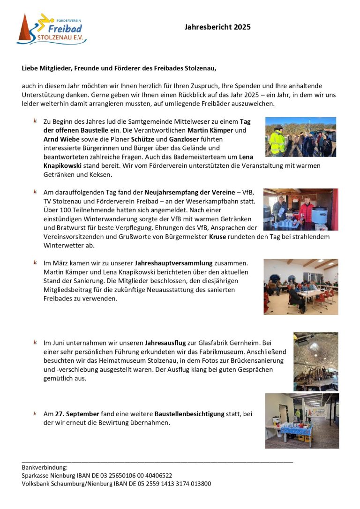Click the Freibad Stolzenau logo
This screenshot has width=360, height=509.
pyautogui.click(x=51, y=29)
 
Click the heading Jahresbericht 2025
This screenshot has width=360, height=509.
pyautogui.click(x=217, y=27)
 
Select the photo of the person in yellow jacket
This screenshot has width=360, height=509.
pyautogui.click(x=300, y=137)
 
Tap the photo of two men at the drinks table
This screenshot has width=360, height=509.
pyautogui.click(x=300, y=210)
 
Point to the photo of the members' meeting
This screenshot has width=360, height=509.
pyautogui.click(x=300, y=286)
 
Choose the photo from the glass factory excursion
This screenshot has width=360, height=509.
pyautogui.click(x=315, y=361)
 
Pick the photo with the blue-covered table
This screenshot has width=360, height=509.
pyautogui.click(x=302, y=420)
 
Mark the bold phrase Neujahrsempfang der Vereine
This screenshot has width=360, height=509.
pyautogui.click(x=189, y=192)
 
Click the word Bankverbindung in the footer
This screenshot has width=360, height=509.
pyautogui.click(x=45, y=467)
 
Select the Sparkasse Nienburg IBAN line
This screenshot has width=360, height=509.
pyautogui.click(x=97, y=475)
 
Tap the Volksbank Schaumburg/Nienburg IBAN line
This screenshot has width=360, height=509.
pyautogui.click(x=116, y=484)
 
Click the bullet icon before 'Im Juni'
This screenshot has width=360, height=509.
pyautogui.click(x=35, y=342)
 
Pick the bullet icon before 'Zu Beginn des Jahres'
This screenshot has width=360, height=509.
pyautogui.click(x=35, y=121)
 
